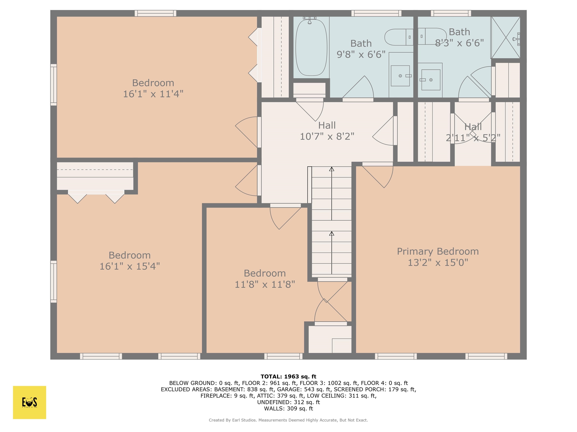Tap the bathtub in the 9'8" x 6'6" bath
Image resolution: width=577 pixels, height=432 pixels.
tap(311, 48)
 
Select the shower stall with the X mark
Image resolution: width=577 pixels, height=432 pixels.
tap(505, 38)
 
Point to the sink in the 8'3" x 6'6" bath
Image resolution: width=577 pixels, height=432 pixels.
tap(431, 80)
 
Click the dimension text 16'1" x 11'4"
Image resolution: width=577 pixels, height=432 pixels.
tap(153, 94)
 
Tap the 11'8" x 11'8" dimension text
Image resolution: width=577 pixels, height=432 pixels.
tap(265, 285)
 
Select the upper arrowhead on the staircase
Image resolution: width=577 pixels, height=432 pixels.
tap(332, 169)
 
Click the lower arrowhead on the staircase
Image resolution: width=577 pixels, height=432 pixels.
tap(332, 234)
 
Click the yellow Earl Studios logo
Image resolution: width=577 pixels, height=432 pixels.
tap(29, 402)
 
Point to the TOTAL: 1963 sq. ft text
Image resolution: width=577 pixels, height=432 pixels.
tap(288, 376)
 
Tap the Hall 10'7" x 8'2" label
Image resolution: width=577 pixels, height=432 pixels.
tap(327, 131)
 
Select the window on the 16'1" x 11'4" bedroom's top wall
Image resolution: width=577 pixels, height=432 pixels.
tap(156, 13)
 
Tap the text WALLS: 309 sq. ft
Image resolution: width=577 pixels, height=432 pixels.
tap(288, 409)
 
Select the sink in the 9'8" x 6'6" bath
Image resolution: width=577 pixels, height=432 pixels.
tap(400, 76)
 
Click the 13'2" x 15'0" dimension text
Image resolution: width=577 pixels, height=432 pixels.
tap(438, 262)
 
